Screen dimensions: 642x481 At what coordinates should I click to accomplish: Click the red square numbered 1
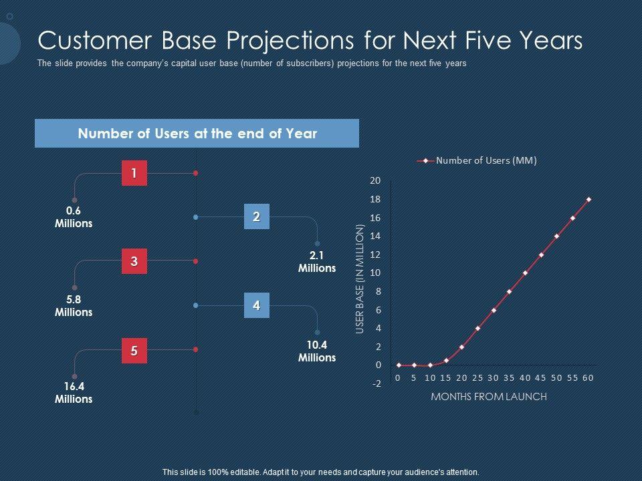coord(134,173)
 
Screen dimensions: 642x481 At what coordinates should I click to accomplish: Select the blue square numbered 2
coord(257,216)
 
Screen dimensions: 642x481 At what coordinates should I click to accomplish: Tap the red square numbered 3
coord(134,261)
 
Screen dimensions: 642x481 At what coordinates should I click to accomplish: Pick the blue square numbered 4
coord(257,305)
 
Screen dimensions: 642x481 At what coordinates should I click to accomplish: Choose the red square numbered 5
coord(134,351)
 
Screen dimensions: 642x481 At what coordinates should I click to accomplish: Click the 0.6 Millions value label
coord(74,217)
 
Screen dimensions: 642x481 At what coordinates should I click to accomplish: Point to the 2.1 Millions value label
coord(317,262)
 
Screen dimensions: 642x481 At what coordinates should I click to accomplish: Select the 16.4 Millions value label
coord(74,393)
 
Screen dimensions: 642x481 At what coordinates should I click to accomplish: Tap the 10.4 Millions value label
coord(317,351)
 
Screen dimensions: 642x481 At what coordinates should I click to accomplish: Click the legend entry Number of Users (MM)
coord(477,160)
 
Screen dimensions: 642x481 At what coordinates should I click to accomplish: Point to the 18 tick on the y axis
coord(375,199)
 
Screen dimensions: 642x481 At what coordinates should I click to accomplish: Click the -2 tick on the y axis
coord(377,383)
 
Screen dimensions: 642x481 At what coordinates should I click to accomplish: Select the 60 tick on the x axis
coord(588,378)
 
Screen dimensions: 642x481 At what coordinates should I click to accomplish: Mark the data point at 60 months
coord(588,200)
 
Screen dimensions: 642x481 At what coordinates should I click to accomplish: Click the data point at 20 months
coord(462,347)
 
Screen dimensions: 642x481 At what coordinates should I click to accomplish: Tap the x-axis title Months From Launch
coord(489,397)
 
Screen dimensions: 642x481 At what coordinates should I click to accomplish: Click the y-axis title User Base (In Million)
coord(360,279)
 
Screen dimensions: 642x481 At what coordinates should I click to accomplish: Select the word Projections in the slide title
coord(290,41)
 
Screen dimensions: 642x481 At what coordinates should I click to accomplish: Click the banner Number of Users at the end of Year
coord(197,134)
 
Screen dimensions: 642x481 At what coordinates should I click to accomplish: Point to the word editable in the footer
coord(244,472)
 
